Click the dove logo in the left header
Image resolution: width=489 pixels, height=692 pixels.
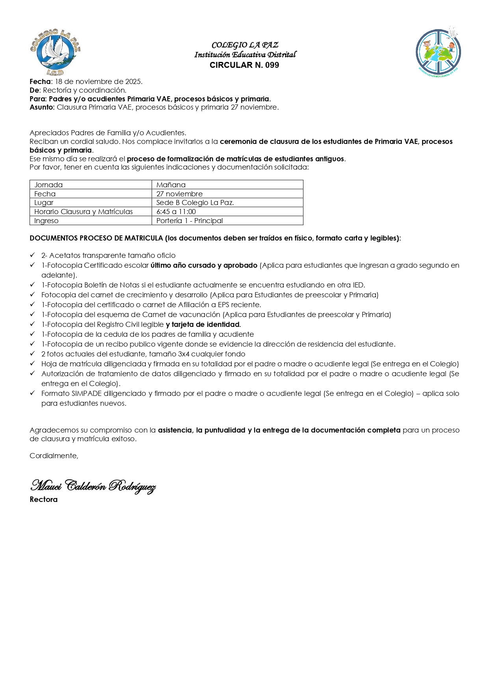pyautogui.click(x=55, y=52)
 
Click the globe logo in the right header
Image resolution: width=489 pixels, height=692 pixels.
pyautogui.click(x=438, y=52)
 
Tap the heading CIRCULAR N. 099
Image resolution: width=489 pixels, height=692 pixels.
pyautogui.click(x=244, y=65)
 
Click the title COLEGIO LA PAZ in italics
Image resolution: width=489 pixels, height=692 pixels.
pyautogui.click(x=245, y=45)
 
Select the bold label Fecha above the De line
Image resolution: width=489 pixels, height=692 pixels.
pyautogui.click(x=40, y=82)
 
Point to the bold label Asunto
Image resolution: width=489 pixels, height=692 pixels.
pyautogui.click(x=42, y=107)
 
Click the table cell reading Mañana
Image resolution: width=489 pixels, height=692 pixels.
pyautogui.click(x=171, y=185)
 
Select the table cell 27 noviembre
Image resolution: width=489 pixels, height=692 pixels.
pyautogui.click(x=179, y=194)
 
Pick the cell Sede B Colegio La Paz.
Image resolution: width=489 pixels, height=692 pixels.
pyautogui.click(x=195, y=203)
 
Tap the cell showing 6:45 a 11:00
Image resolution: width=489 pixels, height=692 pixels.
pyautogui.click(x=176, y=212)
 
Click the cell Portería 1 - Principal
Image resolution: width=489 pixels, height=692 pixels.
pyautogui.click(x=190, y=221)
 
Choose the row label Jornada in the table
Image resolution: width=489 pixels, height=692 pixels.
pyautogui.click(x=48, y=185)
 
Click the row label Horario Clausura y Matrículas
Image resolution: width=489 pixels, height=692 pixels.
pyautogui.click(x=84, y=212)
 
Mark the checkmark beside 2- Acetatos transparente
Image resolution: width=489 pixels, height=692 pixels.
pyautogui.click(x=32, y=255)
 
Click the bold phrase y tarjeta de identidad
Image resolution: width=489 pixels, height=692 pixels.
pyautogui.click(x=203, y=325)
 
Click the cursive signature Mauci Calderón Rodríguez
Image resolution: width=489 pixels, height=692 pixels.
pyautogui.click(x=93, y=486)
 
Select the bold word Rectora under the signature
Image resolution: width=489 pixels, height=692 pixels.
pyautogui.click(x=43, y=500)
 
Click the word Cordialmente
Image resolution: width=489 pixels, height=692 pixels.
pyautogui.click(x=54, y=456)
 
